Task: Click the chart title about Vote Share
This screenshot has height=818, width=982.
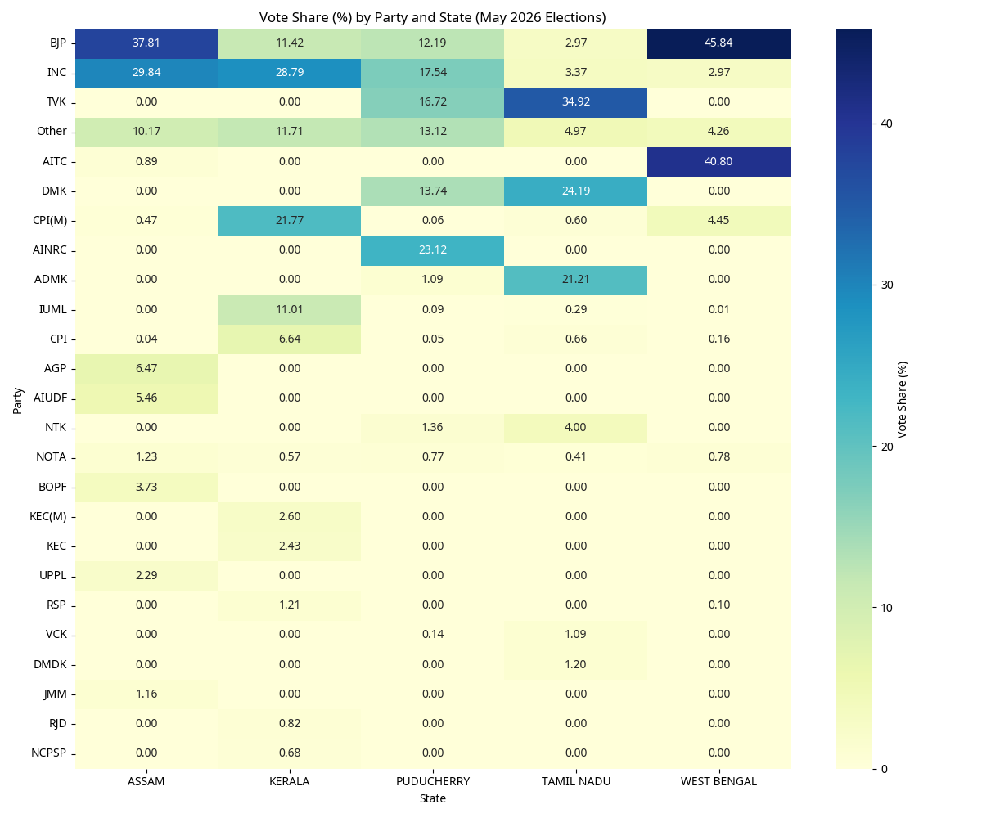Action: (432, 17)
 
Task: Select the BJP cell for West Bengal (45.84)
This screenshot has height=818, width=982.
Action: (718, 43)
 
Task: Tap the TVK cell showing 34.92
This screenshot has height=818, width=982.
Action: (575, 102)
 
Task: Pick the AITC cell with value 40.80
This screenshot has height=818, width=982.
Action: (718, 162)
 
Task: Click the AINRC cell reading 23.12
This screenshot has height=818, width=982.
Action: (433, 250)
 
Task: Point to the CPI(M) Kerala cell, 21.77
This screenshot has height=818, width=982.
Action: (289, 221)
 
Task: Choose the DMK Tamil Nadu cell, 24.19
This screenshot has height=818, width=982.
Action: (575, 191)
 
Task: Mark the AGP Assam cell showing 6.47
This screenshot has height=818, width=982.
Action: (146, 369)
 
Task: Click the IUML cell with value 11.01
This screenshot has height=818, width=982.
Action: (289, 310)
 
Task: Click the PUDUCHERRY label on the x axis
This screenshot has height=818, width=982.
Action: (433, 781)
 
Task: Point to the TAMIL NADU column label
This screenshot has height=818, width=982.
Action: (575, 781)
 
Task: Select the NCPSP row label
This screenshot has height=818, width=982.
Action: (49, 753)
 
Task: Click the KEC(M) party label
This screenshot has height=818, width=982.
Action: (48, 517)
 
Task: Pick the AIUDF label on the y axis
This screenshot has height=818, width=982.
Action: (50, 398)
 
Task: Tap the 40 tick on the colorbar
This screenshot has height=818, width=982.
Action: (886, 124)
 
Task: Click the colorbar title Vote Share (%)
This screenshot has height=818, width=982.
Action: (902, 400)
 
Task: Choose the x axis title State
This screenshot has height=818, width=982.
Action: (433, 798)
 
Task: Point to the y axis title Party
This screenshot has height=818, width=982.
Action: (17, 401)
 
